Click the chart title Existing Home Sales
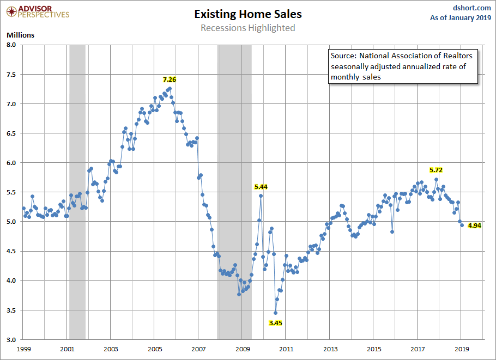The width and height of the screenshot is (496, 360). (x=247, y=14)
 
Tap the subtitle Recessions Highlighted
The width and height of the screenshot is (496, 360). (x=247, y=28)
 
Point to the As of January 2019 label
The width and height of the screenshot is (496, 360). (x=461, y=17)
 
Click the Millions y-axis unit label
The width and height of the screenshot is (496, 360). (x=20, y=35)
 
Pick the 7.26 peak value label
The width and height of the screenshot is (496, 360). (x=170, y=80)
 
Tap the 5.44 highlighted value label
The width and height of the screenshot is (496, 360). (x=261, y=187)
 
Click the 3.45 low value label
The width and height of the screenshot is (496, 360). (x=276, y=323)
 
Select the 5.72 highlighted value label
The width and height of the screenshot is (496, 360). (x=436, y=170)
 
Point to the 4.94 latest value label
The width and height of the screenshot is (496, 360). (x=475, y=225)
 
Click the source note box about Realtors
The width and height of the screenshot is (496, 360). (x=402, y=66)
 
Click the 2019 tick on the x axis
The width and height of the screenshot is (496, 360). (x=461, y=349)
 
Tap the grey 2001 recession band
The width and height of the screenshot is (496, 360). (x=77, y=191)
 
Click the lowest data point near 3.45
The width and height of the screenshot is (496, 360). (x=275, y=313)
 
